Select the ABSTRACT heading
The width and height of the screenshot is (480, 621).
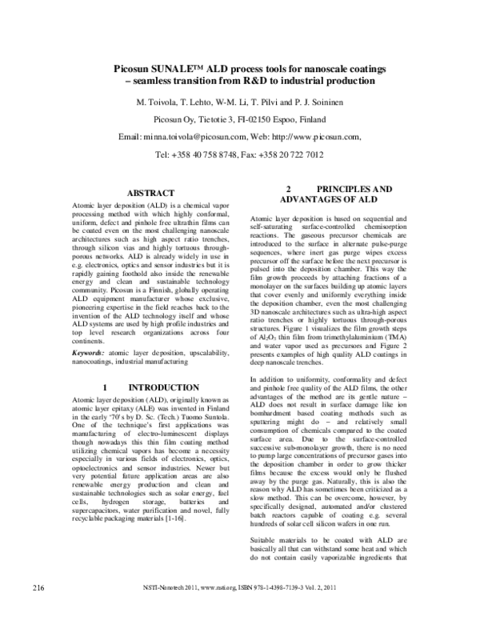(151, 194)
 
